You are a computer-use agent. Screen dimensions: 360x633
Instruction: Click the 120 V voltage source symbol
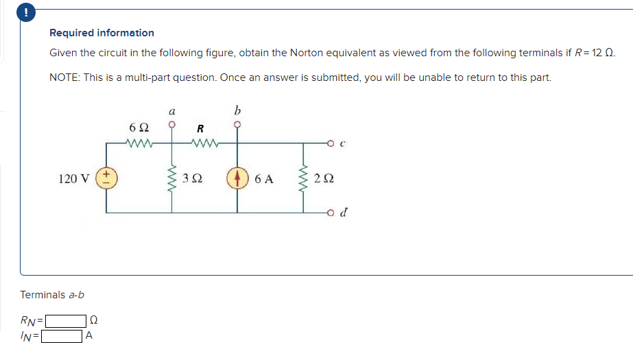[x=107, y=178]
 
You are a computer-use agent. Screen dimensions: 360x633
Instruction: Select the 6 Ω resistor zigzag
[x=140, y=143]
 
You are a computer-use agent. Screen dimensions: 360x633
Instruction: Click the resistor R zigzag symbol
[x=204, y=143]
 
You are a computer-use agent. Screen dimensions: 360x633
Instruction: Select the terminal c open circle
[x=331, y=143]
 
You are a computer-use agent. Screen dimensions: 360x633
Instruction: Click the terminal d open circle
[x=331, y=213]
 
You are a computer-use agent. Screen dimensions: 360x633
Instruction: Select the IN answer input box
[x=61, y=336]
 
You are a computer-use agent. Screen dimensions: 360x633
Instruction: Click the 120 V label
[x=74, y=179]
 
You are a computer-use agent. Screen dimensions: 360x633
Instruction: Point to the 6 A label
[x=263, y=180]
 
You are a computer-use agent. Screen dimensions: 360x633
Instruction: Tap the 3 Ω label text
[x=193, y=179]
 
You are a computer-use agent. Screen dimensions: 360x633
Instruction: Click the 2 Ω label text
[x=324, y=179]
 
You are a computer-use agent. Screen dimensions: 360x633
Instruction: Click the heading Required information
[x=101, y=33]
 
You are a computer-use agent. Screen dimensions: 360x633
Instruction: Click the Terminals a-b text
[x=52, y=295]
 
